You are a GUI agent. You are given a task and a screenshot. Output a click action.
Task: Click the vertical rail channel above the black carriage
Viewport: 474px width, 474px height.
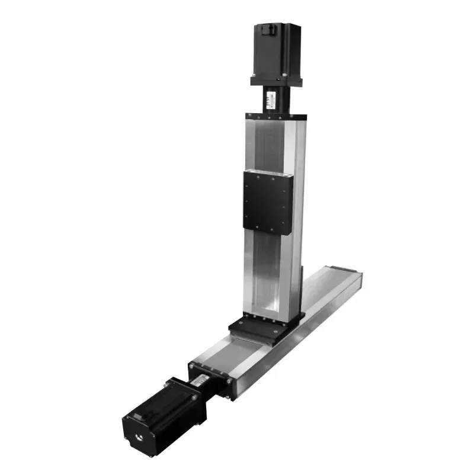pyautogui.click(x=268, y=145)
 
